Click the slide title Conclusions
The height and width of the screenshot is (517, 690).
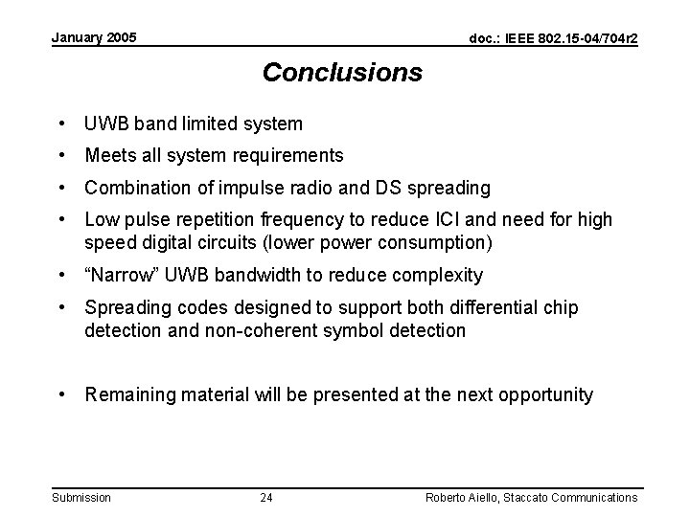coord(342,73)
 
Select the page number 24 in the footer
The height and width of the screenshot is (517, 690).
coord(266,498)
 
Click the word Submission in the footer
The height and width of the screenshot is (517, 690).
coord(81,498)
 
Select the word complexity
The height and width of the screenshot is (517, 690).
coord(443,276)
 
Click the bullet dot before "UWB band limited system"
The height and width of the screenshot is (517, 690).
coord(61,124)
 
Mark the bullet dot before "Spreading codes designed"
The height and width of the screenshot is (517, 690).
coord(61,308)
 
